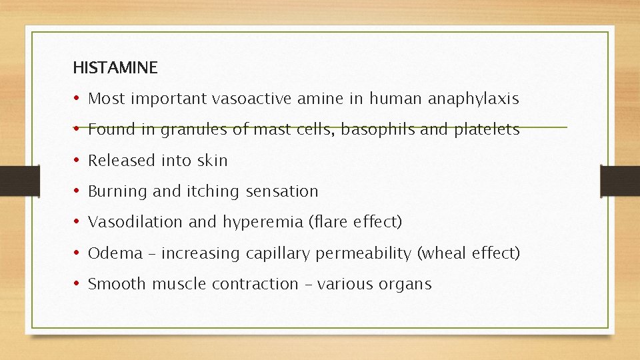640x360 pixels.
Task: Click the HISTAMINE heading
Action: coord(115,67)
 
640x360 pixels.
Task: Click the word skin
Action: coord(213,161)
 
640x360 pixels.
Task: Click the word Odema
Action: coord(115,253)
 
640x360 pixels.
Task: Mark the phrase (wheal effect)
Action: coord(469,253)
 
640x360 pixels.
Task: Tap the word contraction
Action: coord(255,284)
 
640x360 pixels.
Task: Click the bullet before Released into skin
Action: coord(77,161)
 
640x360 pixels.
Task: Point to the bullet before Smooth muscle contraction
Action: coord(77,284)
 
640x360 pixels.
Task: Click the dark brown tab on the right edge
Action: coord(619,180)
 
